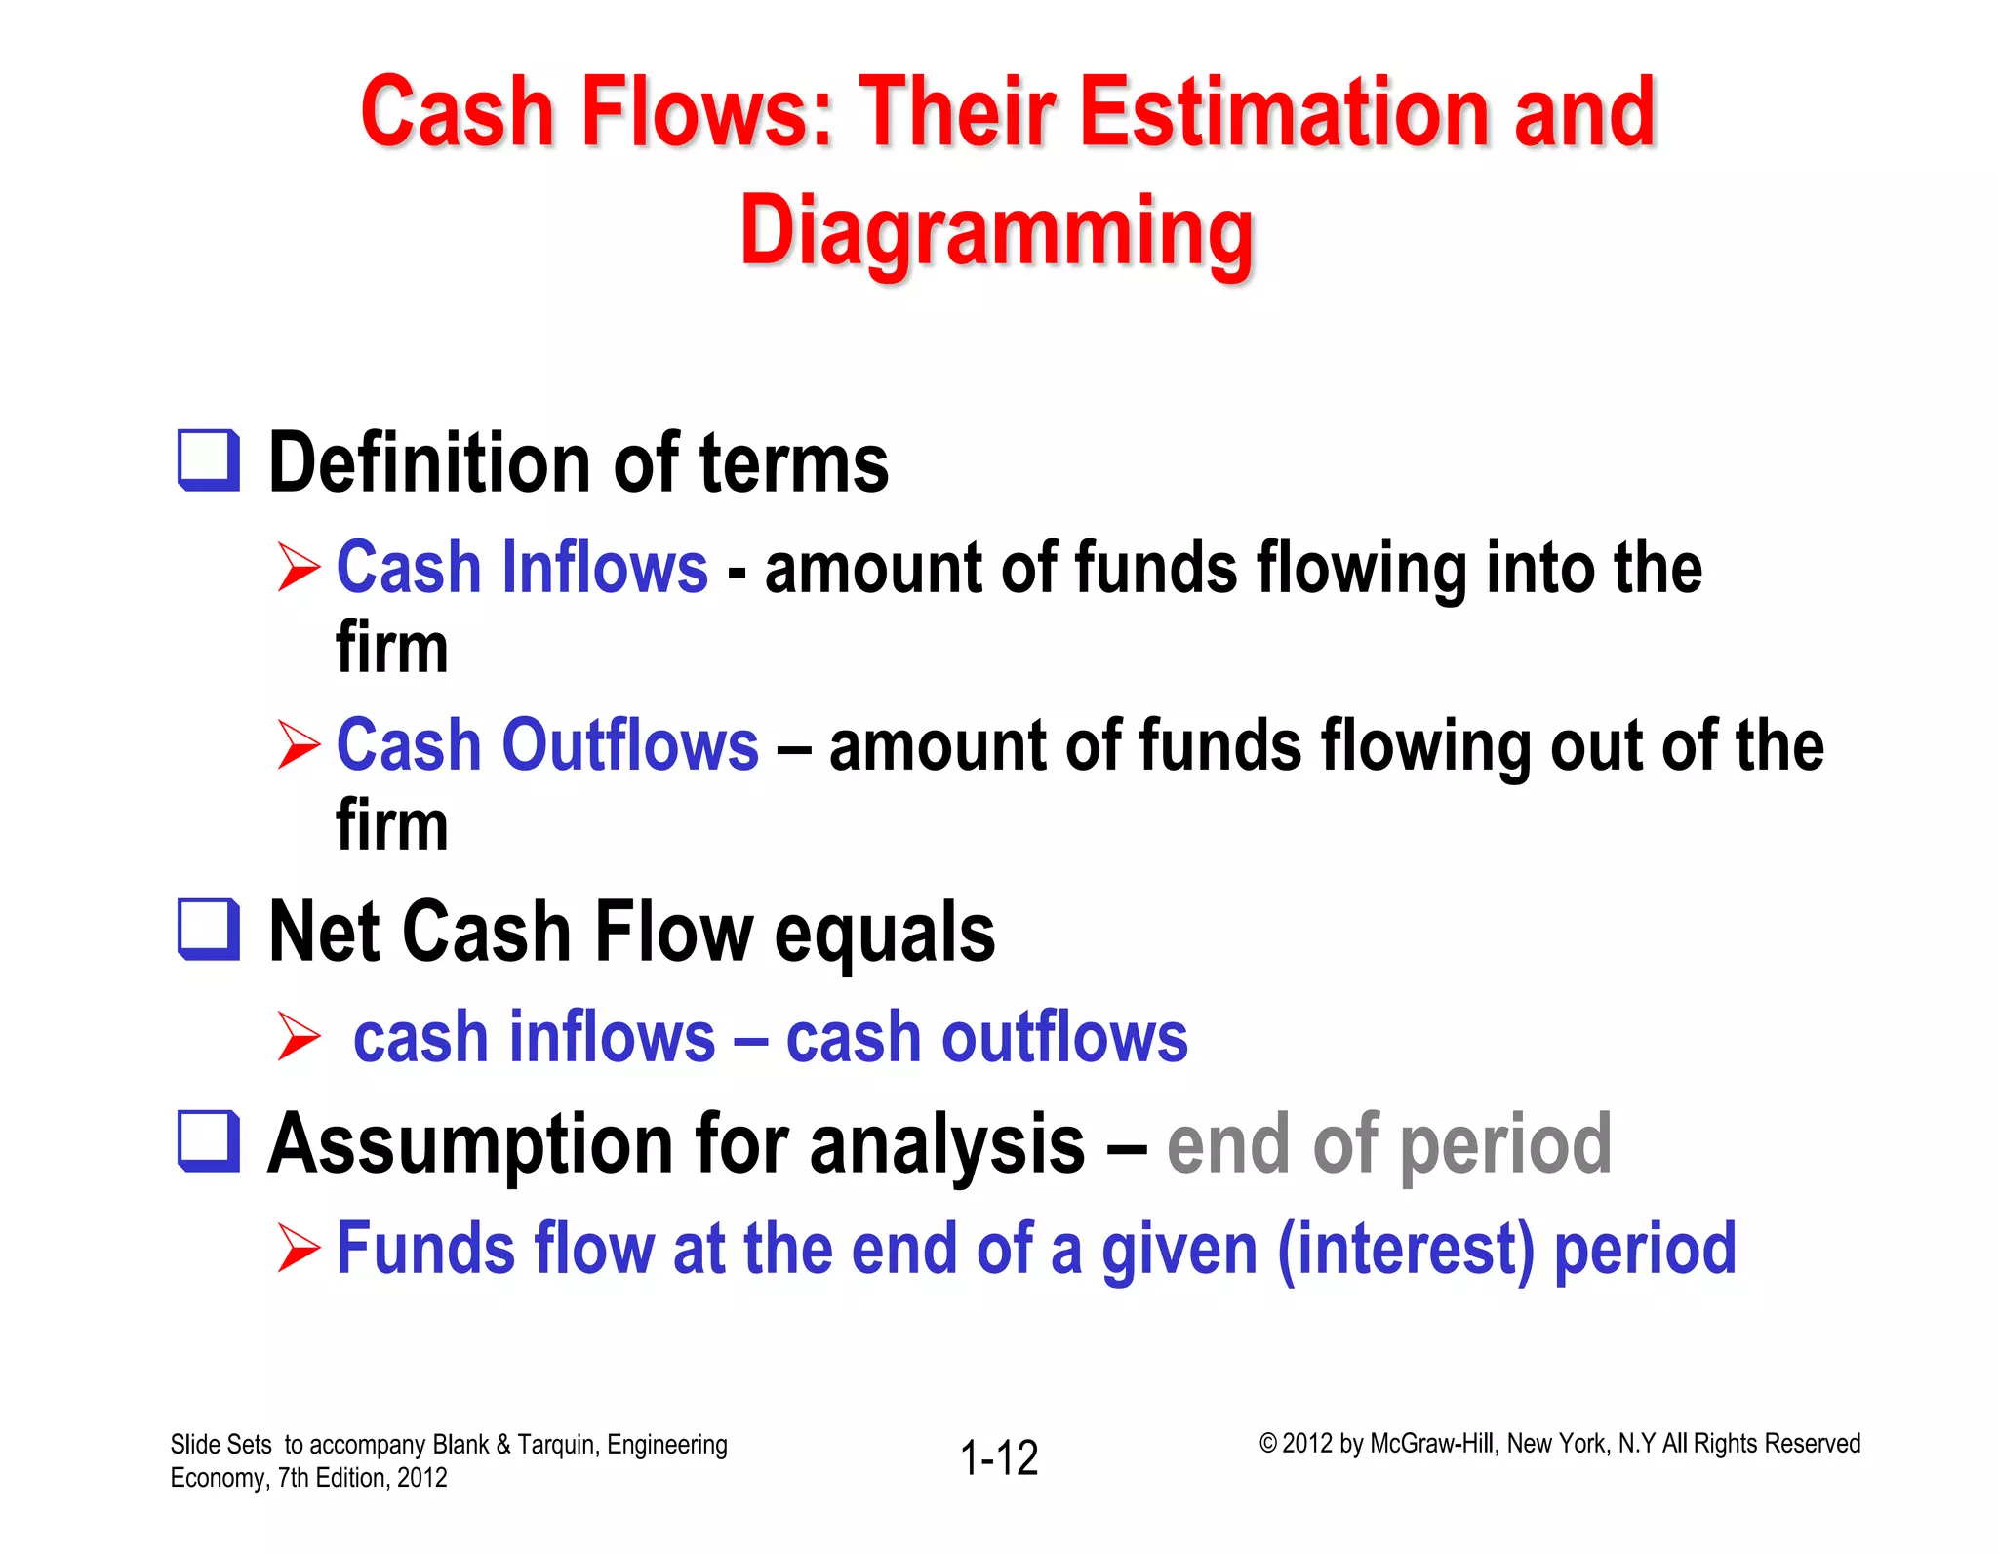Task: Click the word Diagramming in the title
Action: tap(996, 232)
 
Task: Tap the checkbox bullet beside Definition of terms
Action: tap(209, 460)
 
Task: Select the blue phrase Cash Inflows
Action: tap(522, 568)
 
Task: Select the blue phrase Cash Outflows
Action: tap(547, 745)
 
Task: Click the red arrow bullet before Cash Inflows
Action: tap(298, 568)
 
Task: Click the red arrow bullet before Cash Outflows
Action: tap(298, 745)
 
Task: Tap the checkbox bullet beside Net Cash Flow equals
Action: tap(209, 930)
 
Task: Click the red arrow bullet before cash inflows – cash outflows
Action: tap(298, 1036)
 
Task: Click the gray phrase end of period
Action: tap(1388, 1144)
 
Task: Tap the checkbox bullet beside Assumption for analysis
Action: tap(209, 1141)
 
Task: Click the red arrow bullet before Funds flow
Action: tap(298, 1250)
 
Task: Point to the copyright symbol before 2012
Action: tap(1267, 1444)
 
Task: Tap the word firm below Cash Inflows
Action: tap(391, 649)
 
